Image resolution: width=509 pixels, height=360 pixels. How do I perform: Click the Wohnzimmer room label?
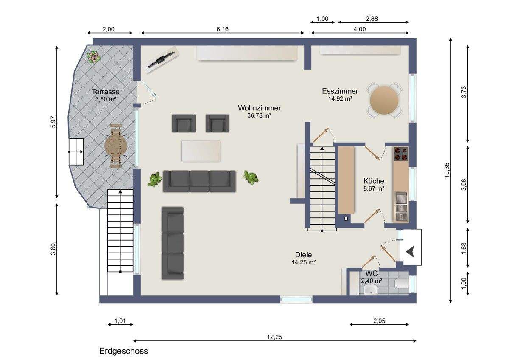(x=259, y=108)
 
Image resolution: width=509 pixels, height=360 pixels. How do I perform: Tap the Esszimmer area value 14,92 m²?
(x=340, y=98)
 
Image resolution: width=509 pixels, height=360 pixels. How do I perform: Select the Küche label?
(x=374, y=181)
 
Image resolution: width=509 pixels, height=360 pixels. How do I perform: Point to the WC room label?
(x=372, y=273)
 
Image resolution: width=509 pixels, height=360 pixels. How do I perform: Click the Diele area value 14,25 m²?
(x=304, y=262)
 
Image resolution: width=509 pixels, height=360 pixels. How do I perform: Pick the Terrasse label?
(x=106, y=92)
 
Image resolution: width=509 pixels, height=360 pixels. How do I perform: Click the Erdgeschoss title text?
(x=123, y=351)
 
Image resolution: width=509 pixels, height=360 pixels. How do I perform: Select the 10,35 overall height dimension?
(x=447, y=170)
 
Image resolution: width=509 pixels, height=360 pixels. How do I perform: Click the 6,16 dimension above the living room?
(x=222, y=29)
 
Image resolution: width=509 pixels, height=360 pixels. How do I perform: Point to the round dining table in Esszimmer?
(x=384, y=100)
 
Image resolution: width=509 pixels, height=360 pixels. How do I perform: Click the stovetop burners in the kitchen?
(x=401, y=154)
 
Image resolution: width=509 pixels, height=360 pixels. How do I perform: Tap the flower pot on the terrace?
(x=93, y=56)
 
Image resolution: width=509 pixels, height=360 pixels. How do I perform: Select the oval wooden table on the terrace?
(x=116, y=146)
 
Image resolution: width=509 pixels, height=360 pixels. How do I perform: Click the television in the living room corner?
(x=161, y=59)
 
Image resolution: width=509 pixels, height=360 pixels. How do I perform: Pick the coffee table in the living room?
(x=201, y=151)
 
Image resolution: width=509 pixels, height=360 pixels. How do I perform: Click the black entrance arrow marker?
(x=410, y=252)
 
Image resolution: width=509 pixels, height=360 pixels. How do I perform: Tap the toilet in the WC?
(x=402, y=284)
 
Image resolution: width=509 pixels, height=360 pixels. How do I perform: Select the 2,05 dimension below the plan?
(x=379, y=321)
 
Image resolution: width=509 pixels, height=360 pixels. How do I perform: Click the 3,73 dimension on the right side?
(x=464, y=92)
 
